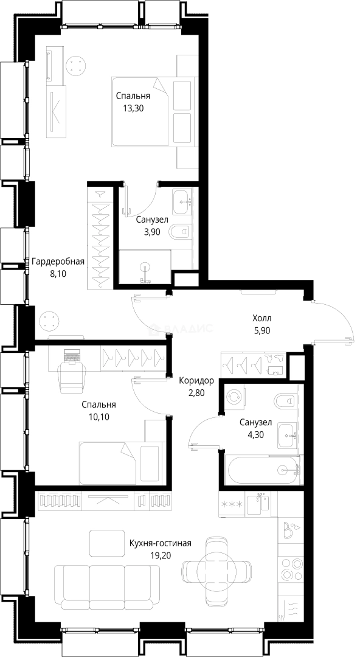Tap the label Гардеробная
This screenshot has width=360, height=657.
coord(58,262)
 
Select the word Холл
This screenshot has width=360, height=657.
coord(263,318)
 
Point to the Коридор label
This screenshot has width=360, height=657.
coord(196,381)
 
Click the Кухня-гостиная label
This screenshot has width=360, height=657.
coord(161,543)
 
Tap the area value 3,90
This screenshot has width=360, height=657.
coord(148,231)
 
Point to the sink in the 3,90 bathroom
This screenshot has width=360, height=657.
coord(182,202)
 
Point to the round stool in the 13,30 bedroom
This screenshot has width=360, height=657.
coord(76,64)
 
